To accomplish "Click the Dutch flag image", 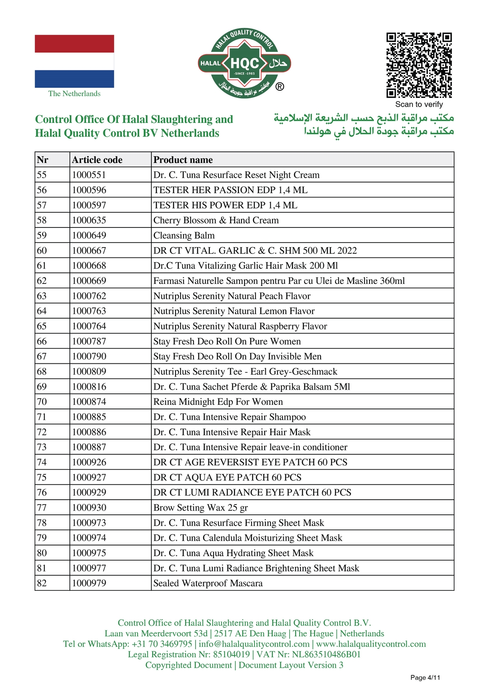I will pos(74,61).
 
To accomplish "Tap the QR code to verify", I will pos(419,65).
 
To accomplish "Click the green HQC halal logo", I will pos(244,64).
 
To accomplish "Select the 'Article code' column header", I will pos(97,160).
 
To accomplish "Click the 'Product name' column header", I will pos(183,160).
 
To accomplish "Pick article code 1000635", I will pos(89,220).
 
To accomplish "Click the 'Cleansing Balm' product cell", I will pos(184,235).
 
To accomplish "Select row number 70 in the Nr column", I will pos(42,402).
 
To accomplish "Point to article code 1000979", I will pos(89,583).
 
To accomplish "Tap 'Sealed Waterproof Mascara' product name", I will pos(208,583).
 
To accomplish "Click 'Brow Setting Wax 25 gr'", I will pos(201,508).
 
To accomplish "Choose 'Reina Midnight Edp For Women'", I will pos(218,402).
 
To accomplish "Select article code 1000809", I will pos(89,372).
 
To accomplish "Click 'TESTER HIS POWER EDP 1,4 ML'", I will pos(225,205).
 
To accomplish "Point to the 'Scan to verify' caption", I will pos(419,105).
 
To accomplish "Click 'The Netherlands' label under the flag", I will pos(74,94).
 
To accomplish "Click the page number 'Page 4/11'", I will pos(425,677).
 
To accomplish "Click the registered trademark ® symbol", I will pos(280,87).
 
